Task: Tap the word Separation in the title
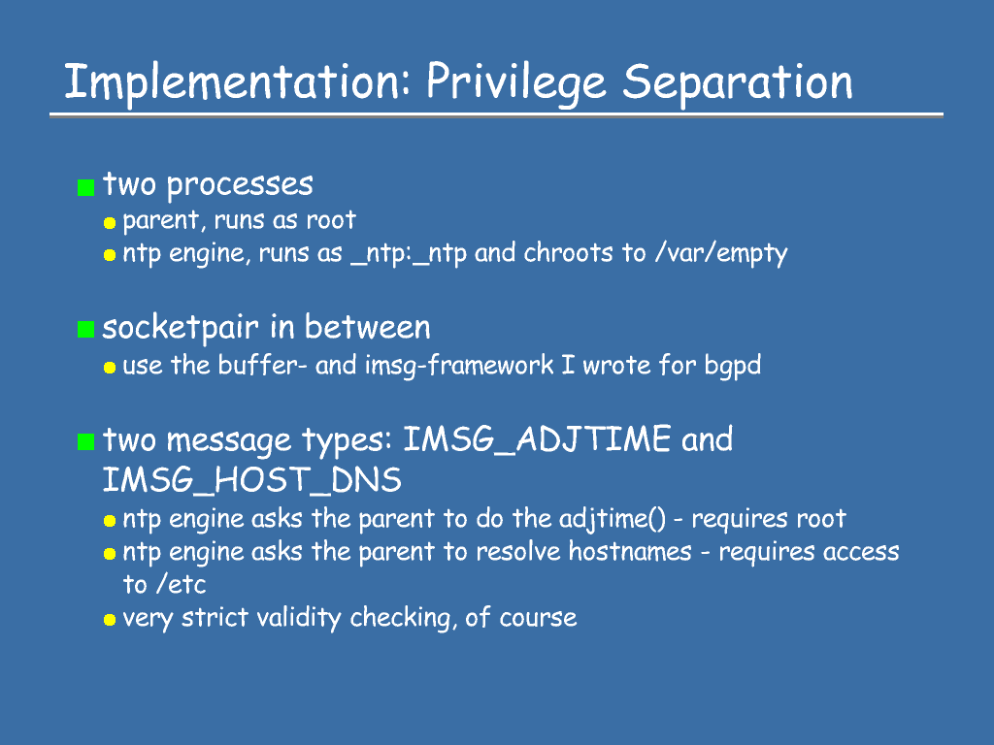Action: [738, 82]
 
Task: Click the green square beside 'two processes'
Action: [85, 187]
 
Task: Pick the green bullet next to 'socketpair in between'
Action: [85, 330]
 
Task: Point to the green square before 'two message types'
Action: [85, 441]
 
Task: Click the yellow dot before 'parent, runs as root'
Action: [110, 222]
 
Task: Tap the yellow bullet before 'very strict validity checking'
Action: [110, 620]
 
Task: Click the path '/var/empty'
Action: [721, 253]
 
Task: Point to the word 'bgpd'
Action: [733, 366]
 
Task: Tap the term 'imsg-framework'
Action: [459, 366]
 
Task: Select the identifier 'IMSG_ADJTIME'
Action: [537, 439]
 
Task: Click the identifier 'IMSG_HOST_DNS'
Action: [252, 479]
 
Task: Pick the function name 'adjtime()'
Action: [613, 520]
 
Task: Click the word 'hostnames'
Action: [629, 551]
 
